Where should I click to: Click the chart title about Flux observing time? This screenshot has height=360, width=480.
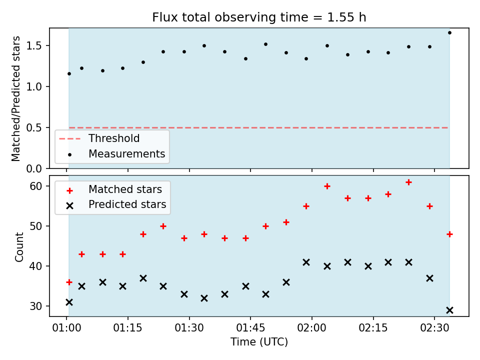coord(259,17)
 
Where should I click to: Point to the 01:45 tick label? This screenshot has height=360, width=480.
coord(250,328)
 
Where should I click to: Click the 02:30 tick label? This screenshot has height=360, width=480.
coord(434,328)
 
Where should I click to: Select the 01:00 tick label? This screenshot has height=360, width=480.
coord(66,328)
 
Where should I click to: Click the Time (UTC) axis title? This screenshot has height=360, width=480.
coord(259,341)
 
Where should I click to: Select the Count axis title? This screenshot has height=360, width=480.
coord(19,247)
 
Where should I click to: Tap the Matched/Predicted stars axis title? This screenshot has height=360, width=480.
coord(15,98)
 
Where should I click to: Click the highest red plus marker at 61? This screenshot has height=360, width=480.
coord(408,182)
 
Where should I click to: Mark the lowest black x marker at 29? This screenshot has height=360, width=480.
coord(449,310)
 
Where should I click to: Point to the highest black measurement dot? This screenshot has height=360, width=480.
coord(449,33)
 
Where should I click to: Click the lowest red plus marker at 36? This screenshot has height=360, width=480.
coord(69,282)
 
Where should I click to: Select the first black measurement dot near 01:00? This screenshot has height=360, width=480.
coord(69,74)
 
